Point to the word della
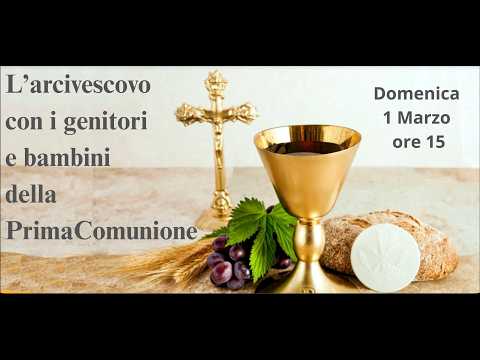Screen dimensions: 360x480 pyautogui.click(x=31, y=194)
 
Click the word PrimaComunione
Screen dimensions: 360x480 pyautogui.click(x=101, y=230)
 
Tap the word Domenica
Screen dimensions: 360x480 pyautogui.click(x=416, y=93)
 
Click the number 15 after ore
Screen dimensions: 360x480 pyautogui.click(x=435, y=141)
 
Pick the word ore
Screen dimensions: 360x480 pyautogui.click(x=406, y=141)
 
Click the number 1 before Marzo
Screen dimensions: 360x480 pyautogui.click(x=387, y=117)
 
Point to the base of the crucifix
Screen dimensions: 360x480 pyautogui.click(x=214, y=217)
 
